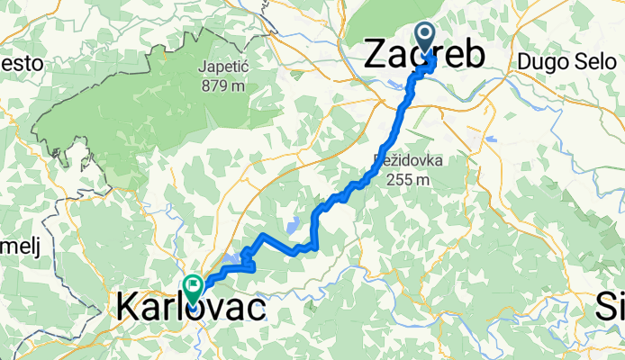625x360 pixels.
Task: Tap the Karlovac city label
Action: [x=191, y=309]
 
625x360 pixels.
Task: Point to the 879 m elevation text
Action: [x=224, y=86]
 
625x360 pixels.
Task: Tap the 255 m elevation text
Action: [x=403, y=179]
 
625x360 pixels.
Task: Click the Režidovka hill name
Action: [x=403, y=163]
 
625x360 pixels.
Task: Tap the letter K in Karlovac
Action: [x=128, y=309]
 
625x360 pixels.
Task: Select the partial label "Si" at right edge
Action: [x=611, y=309]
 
